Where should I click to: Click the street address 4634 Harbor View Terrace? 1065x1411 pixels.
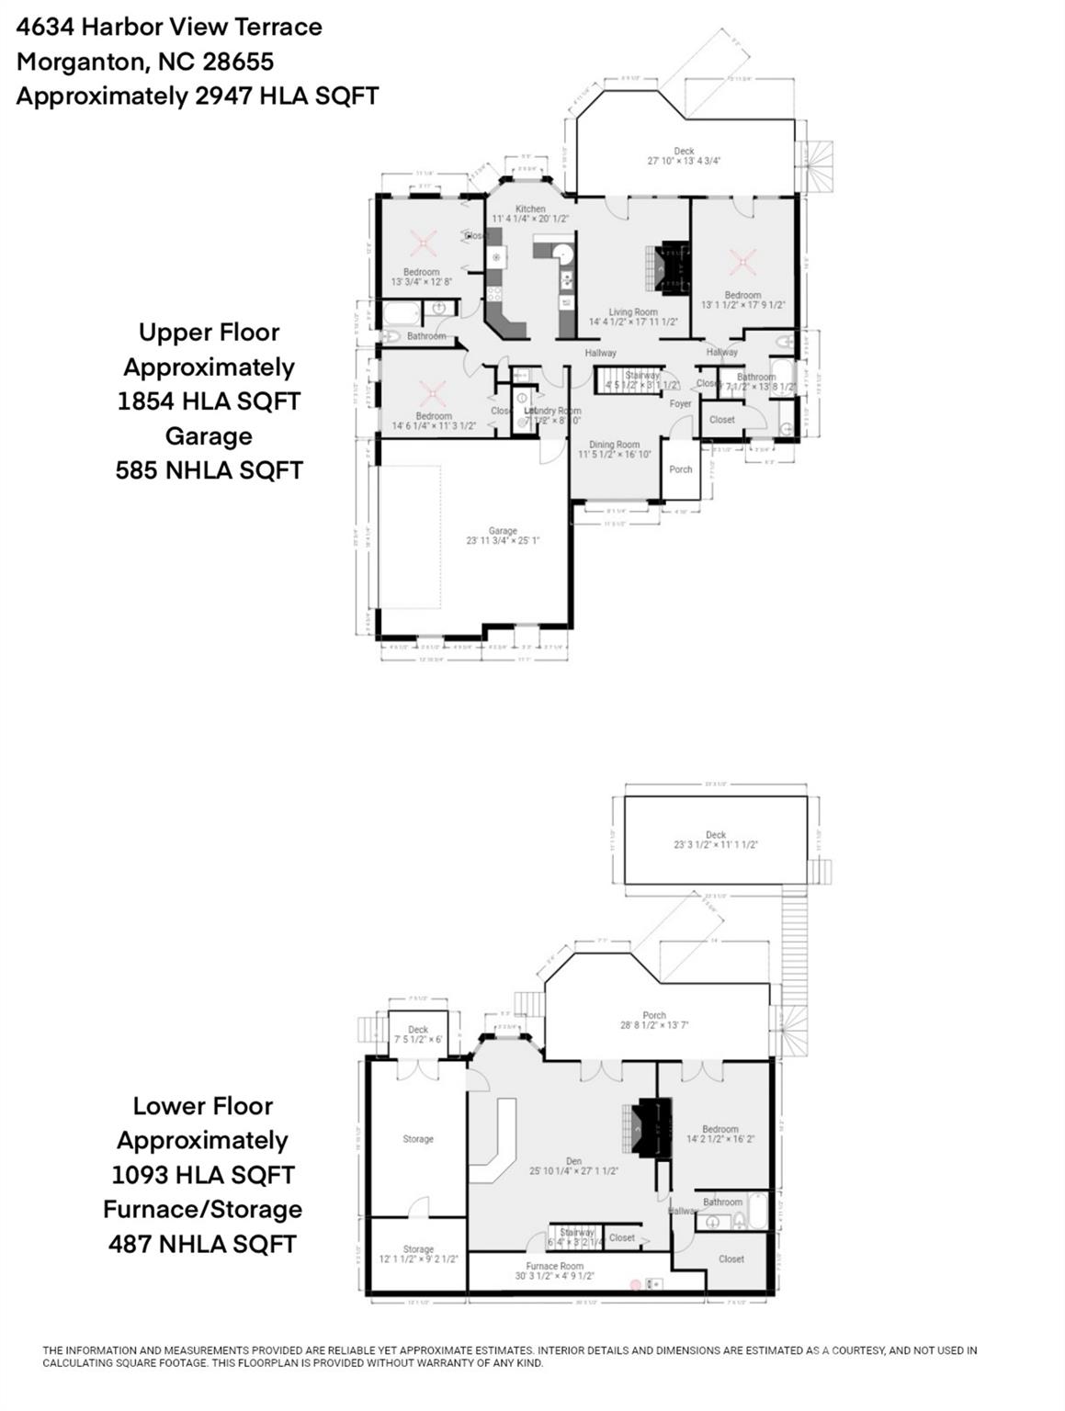[x=169, y=28]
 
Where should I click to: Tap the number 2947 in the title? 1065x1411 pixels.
[x=223, y=96]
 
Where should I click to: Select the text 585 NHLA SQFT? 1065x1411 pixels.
[x=209, y=470]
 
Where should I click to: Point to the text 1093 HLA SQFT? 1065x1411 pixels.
[x=203, y=1175]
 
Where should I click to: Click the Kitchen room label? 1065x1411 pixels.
[x=530, y=209]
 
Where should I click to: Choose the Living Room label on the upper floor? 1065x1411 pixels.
[x=632, y=312]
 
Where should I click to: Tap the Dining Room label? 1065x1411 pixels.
[x=614, y=445]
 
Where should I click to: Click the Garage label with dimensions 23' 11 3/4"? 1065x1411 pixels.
[x=503, y=531]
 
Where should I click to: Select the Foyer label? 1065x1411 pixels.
[x=680, y=404]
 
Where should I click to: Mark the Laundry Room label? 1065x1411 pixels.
[x=553, y=412]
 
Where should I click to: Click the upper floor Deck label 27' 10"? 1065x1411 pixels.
[x=684, y=152]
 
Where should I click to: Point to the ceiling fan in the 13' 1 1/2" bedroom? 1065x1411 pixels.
[x=742, y=263]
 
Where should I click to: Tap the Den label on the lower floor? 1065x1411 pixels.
[x=573, y=1162]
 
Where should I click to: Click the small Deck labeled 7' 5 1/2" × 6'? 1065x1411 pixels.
[x=418, y=1030]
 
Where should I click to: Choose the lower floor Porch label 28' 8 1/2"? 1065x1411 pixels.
[x=653, y=1015]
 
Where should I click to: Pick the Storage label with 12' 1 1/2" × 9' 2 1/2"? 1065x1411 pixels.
[x=418, y=1249]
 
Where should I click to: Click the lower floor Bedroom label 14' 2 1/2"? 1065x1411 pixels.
[x=719, y=1129]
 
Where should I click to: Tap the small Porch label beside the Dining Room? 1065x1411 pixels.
[x=680, y=469]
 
